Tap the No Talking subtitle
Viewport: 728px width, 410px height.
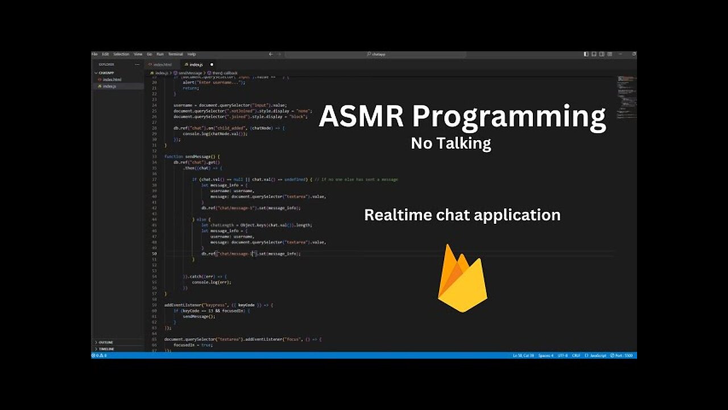coord(451,143)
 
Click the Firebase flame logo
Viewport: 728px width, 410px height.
coord(462,278)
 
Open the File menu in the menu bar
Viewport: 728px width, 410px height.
coord(94,54)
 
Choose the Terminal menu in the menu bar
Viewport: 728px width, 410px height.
coord(175,54)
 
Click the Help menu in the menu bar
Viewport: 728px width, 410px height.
coord(192,54)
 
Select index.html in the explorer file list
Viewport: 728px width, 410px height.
coord(111,80)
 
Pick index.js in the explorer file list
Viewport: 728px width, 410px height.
coord(109,86)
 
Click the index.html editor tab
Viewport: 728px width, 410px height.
coord(162,64)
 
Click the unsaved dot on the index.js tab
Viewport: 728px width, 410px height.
coord(212,64)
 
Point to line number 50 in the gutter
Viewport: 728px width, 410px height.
coord(154,253)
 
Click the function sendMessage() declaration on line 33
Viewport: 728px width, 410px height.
coord(192,157)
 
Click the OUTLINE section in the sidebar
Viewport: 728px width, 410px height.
coord(106,342)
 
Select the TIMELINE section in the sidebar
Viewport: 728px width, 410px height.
coord(106,348)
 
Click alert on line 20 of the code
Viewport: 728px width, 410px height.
coord(189,83)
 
